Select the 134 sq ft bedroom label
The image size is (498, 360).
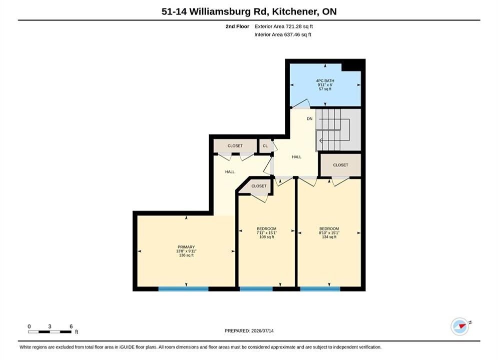[x=329, y=232]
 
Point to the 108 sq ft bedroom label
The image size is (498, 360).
[x=266, y=232]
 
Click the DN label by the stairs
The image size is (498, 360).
[x=310, y=118]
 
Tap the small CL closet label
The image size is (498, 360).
[x=265, y=146]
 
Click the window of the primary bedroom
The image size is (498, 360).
[x=183, y=288]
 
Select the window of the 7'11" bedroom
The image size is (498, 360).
[x=256, y=288]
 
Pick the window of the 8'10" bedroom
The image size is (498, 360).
[x=320, y=288]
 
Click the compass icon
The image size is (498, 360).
[x=460, y=326]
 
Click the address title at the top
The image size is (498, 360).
[x=249, y=11]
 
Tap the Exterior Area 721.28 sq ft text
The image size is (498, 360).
[x=284, y=26]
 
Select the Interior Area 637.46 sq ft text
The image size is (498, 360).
[x=283, y=34]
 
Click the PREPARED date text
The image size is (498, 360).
[x=249, y=330]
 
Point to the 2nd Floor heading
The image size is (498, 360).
[x=237, y=26]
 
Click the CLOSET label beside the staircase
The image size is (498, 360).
[x=340, y=165]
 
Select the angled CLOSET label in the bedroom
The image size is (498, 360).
[x=259, y=186]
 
